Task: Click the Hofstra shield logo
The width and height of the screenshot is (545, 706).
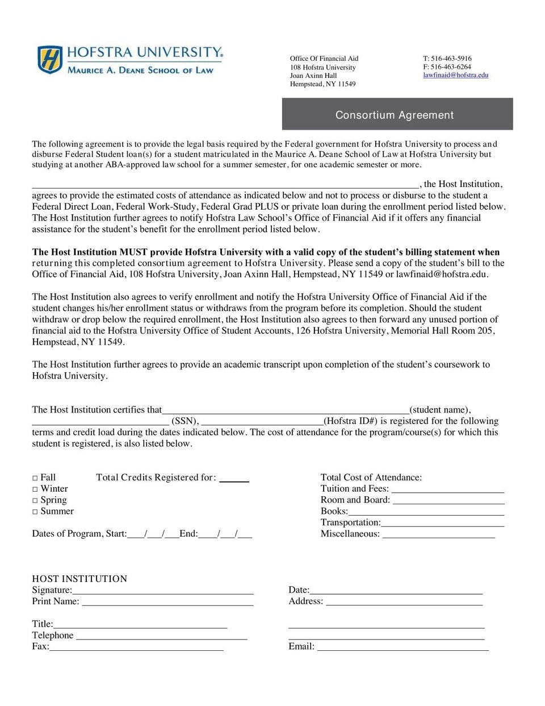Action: pyautogui.click(x=49, y=60)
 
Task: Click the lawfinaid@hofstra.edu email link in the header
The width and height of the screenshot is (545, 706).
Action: pyautogui.click(x=455, y=75)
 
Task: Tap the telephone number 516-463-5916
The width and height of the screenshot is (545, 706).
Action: pyautogui.click(x=451, y=58)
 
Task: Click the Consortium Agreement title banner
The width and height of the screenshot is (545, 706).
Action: pyautogui.click(x=397, y=114)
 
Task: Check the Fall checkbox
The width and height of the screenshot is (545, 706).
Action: pyautogui.click(x=35, y=478)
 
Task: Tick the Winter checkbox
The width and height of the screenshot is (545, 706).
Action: pyautogui.click(x=35, y=489)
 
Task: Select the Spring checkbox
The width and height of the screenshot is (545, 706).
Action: pyautogui.click(x=35, y=501)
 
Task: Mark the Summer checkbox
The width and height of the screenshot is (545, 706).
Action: pyautogui.click(x=35, y=512)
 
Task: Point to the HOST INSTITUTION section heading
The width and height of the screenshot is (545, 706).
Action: pyautogui.click(x=79, y=579)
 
